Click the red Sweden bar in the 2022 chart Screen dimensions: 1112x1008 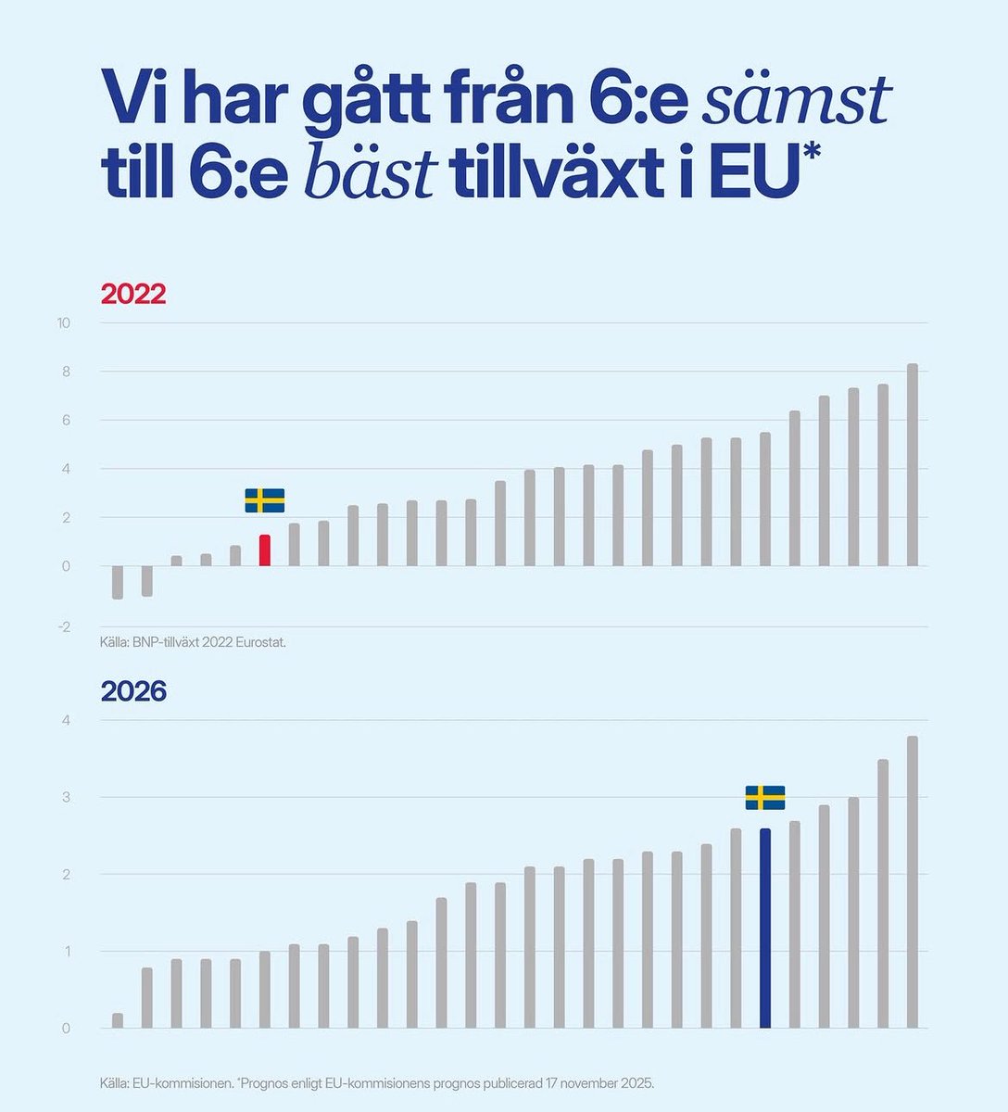265,550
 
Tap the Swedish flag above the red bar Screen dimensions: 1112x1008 265,500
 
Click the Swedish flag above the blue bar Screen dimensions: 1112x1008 765,798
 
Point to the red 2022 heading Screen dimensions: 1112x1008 132,295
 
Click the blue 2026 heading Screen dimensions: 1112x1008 132,691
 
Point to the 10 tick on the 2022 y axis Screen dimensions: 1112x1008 63,323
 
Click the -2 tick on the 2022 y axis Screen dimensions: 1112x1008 63,627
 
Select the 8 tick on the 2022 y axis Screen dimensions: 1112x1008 65,373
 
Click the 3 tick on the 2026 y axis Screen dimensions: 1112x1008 66,798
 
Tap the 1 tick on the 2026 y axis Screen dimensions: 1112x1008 66,952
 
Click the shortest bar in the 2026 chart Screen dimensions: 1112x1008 118,1020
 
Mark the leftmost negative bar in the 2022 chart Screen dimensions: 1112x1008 118,582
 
